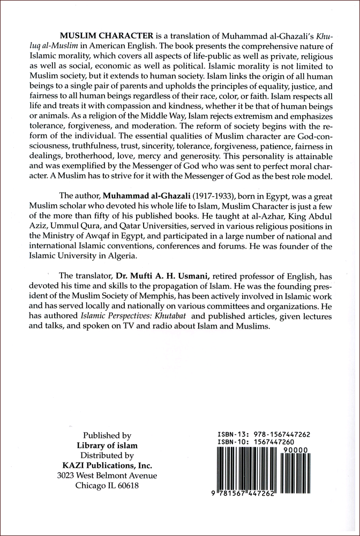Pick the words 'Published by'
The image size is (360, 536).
point(104,436)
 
